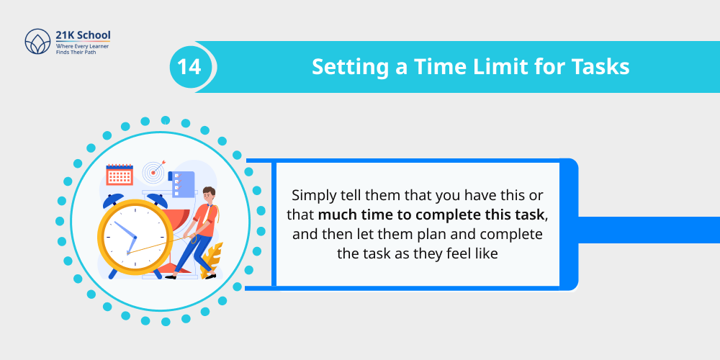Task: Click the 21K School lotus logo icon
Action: coord(37,42)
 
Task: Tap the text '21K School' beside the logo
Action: coord(83,35)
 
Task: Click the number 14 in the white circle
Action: coord(190,67)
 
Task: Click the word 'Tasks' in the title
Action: coord(600,67)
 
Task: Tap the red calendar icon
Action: coord(120,174)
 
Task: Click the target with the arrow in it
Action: coord(153,171)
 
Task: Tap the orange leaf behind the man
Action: coord(212,256)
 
